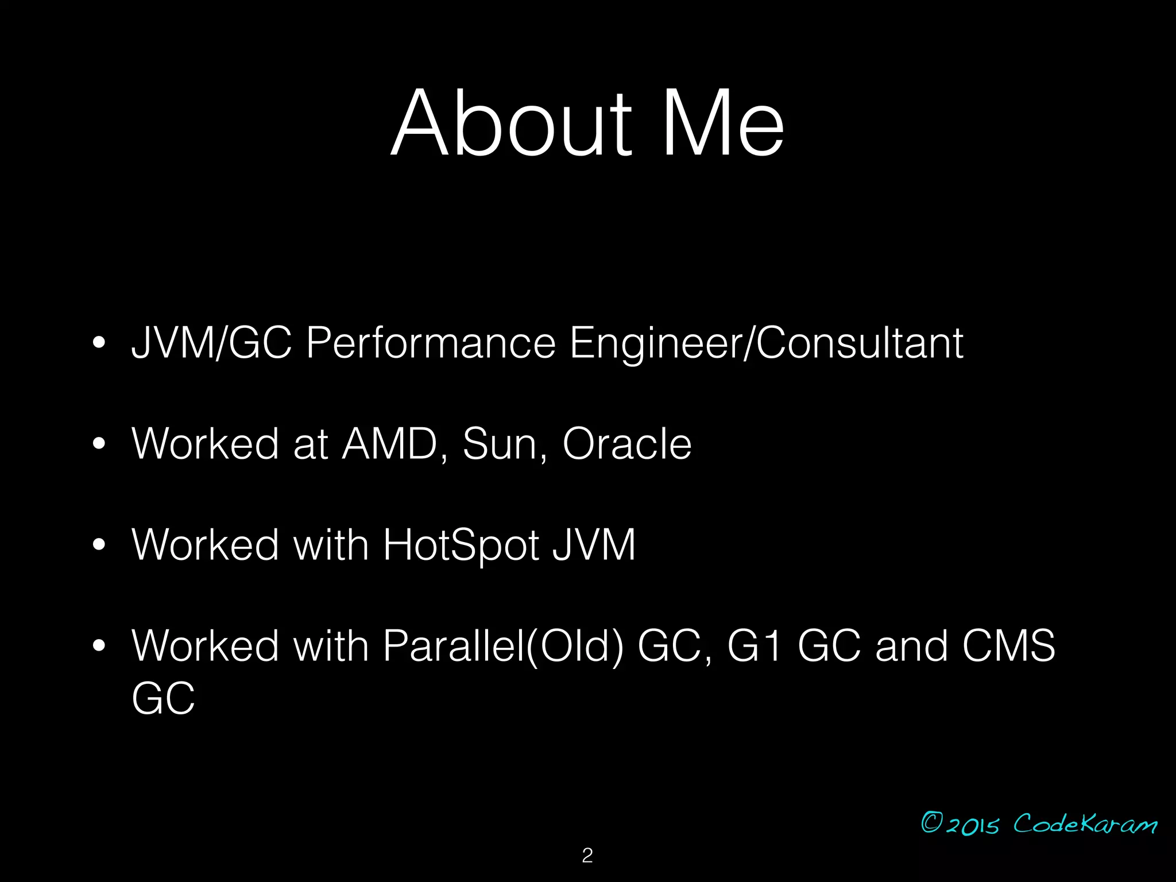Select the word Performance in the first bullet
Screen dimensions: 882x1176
pos(431,343)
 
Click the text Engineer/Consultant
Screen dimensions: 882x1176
pos(766,343)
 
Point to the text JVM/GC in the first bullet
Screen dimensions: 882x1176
pos(211,343)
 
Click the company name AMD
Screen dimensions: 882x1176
pos(390,444)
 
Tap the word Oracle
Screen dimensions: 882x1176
pos(627,444)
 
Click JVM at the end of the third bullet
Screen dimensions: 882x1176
pos(594,544)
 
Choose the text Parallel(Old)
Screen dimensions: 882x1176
pos(503,646)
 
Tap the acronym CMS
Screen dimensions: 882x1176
pos(1008,646)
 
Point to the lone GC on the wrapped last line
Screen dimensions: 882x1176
pos(163,698)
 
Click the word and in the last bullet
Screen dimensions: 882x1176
pos(911,646)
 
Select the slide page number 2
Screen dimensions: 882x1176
pos(587,856)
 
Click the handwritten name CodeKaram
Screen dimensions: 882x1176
pos(1085,823)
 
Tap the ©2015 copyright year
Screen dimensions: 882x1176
pos(960,823)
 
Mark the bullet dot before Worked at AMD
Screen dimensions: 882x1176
pos(99,444)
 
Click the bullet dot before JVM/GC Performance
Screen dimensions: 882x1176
pos(99,343)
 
